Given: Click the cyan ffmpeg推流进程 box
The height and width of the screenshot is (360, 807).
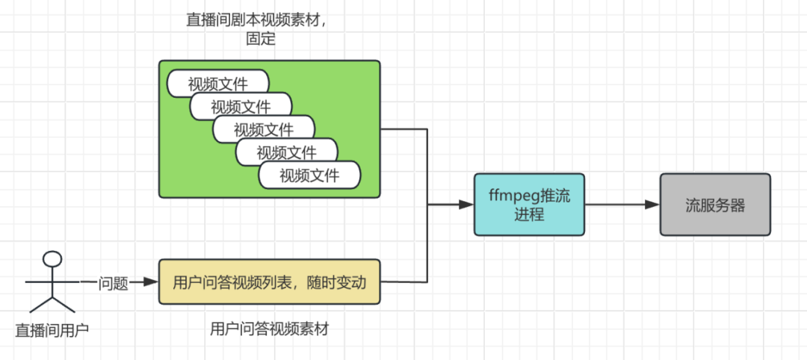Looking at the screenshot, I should [529, 205].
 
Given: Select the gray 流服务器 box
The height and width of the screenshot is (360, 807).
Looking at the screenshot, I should [714, 205].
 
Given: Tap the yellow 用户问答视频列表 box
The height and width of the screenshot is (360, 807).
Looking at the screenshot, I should [270, 282].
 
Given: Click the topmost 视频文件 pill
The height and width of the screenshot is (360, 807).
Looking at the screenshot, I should [217, 82].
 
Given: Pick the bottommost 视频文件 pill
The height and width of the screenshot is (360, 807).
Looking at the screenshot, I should [309, 176].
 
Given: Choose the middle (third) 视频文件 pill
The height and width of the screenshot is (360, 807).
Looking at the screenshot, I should [263, 129].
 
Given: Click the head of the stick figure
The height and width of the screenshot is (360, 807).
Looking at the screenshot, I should [52, 259].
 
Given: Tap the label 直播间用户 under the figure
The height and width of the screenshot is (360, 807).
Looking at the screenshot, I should [52, 329].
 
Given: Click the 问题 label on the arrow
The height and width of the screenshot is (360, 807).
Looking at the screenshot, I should [114, 282].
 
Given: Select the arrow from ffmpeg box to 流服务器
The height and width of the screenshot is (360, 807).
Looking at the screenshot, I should [621, 205].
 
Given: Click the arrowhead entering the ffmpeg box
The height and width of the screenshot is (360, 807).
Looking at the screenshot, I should [467, 205].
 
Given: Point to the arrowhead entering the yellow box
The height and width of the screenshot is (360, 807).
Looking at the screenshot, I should [152, 282].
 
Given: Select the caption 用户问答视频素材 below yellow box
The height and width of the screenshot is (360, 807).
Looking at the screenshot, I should [270, 328].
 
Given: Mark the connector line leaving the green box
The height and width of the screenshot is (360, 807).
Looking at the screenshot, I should [404, 129].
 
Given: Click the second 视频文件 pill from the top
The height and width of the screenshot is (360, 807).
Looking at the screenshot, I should [241, 106].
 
